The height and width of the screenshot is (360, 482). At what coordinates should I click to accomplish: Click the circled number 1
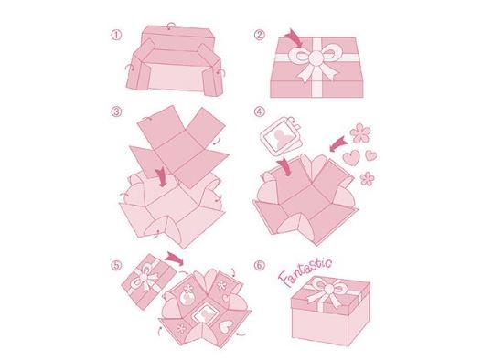(116, 35)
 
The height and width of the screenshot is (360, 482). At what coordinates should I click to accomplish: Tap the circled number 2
(260, 35)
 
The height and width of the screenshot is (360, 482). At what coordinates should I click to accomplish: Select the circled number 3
(116, 111)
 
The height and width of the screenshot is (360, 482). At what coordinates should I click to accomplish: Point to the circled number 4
(260, 111)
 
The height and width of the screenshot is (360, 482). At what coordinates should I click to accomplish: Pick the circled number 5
(116, 265)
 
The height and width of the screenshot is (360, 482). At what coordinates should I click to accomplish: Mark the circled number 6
(260, 265)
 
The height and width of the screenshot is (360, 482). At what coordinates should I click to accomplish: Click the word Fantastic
(305, 272)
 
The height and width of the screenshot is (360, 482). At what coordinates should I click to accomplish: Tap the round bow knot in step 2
(316, 58)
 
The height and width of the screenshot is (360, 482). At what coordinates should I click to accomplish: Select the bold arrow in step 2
(294, 38)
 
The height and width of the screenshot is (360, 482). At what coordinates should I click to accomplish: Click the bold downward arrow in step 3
(161, 177)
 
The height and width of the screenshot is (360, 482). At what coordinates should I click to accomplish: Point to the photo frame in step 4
(281, 137)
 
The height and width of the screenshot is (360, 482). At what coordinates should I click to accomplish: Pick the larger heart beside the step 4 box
(351, 157)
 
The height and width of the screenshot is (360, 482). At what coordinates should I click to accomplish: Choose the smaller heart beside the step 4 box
(370, 155)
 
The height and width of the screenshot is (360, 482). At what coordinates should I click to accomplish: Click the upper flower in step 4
(360, 133)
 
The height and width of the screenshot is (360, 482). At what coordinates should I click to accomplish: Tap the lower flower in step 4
(367, 178)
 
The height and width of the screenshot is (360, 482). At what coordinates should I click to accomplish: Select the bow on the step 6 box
(328, 291)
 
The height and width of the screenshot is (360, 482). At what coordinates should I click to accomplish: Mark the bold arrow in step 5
(175, 258)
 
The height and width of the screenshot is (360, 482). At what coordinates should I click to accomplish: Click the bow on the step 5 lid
(145, 278)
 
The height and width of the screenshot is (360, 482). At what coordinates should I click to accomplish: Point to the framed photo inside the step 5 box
(203, 314)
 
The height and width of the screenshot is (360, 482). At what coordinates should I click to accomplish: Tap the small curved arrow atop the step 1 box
(171, 26)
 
